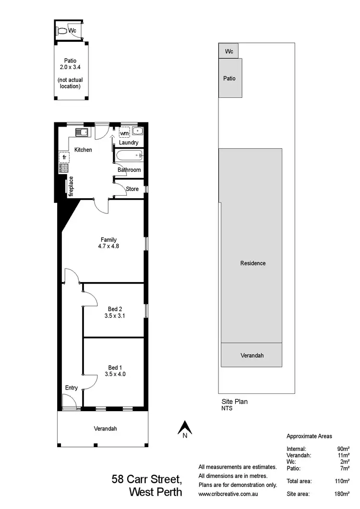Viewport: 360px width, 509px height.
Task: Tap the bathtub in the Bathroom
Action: (129, 155)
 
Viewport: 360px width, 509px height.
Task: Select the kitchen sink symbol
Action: (80, 132)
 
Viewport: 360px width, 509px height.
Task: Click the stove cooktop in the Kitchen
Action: (63, 168)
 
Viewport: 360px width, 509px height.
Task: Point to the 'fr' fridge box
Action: (64, 157)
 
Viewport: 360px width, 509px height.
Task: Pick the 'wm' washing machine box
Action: (124, 133)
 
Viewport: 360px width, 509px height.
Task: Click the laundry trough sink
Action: (137, 130)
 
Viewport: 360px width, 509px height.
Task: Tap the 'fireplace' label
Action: (71, 187)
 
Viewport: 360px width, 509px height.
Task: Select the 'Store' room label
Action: (132, 189)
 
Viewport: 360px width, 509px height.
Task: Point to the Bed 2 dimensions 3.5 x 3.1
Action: (115, 316)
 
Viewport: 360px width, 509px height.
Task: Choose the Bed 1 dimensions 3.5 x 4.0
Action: (115, 374)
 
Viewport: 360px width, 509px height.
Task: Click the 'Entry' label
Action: (72, 388)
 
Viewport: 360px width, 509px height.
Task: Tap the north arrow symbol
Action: (185, 427)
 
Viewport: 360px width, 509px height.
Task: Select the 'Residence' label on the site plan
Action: (253, 263)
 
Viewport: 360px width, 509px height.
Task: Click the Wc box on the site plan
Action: (229, 51)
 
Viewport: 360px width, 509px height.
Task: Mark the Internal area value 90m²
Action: (343, 449)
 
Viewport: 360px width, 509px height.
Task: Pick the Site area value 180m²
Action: (341, 494)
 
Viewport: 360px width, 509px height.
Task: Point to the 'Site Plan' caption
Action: (234, 402)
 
